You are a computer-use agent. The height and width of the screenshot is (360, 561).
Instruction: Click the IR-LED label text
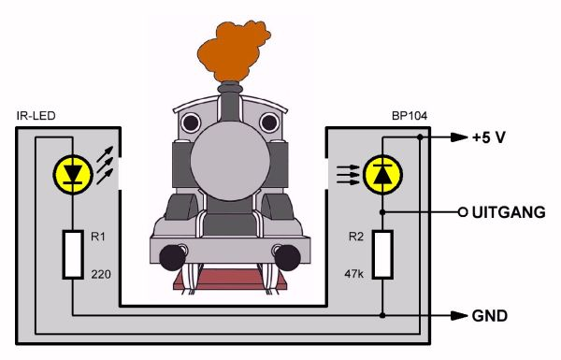36,116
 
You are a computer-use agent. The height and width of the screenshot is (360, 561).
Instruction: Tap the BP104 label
410,116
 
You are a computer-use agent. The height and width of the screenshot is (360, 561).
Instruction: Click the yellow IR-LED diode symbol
73,175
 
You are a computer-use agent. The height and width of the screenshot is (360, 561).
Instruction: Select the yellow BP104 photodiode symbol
382,175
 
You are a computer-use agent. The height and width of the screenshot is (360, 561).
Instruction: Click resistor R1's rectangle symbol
73,254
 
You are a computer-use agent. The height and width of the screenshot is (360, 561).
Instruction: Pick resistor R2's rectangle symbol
382,254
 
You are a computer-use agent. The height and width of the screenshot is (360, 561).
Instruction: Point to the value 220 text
101,275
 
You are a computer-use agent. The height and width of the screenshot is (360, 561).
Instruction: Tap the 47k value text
353,274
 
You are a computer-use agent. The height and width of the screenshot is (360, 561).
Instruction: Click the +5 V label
489,137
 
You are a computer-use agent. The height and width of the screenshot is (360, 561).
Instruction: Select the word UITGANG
509,212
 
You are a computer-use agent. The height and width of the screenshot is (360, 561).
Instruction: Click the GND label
489,316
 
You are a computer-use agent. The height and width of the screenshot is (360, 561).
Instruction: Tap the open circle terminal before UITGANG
463,212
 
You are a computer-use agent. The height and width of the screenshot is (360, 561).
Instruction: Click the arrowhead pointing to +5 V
459,137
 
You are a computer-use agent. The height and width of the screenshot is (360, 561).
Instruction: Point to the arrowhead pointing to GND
459,316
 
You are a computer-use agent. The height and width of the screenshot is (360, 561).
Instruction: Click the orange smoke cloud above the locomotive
233,50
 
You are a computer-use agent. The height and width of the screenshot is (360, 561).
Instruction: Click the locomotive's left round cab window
191,122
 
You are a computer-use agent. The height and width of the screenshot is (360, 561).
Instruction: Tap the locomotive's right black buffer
288,258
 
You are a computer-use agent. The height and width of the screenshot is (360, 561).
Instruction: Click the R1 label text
97,237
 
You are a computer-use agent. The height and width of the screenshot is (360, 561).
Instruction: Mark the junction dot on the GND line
382,316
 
